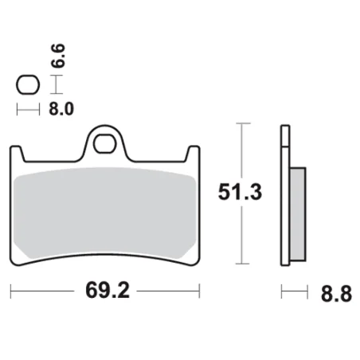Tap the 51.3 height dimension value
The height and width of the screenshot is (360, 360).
pyautogui.click(x=240, y=192)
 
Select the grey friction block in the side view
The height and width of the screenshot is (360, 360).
pyautogui.click(x=295, y=215)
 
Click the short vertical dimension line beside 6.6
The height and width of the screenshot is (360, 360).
pyautogui.click(x=54, y=84)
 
